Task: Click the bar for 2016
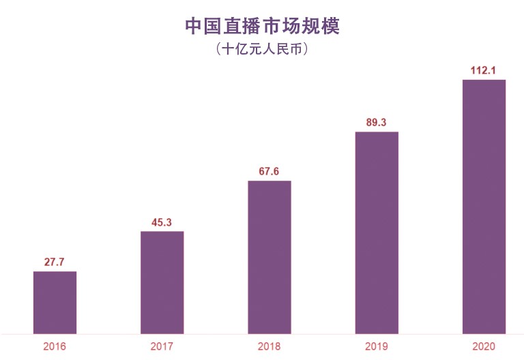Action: tap(55, 303)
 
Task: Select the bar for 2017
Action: tap(162, 282)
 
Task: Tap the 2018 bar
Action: tap(270, 257)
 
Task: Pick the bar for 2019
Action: tap(377, 232)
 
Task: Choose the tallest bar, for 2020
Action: tap(484, 207)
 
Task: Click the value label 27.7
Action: tap(55, 262)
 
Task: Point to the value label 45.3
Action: tap(162, 222)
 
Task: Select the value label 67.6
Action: tap(270, 171)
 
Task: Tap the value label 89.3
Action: tap(377, 123)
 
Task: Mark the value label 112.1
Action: tap(484, 70)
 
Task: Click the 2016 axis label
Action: tap(55, 346)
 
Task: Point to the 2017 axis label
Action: tap(162, 346)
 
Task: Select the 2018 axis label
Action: tap(270, 346)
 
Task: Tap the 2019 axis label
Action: tap(377, 346)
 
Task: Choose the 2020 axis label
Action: tap(484, 346)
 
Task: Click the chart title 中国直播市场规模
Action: tap(262, 26)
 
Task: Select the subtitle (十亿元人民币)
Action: tap(262, 50)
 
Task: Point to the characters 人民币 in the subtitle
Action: tap(285, 50)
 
